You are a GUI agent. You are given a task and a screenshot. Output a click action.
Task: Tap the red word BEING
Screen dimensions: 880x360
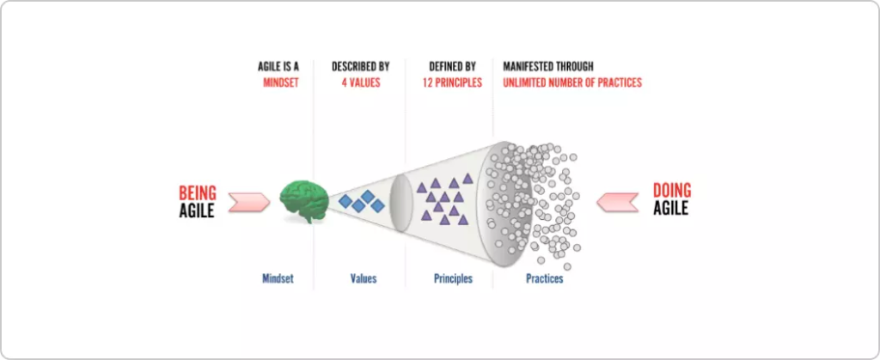(198, 193)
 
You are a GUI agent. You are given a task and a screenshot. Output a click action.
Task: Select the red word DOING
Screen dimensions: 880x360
(672, 190)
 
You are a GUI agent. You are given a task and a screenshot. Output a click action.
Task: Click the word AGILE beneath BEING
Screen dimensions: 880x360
(197, 211)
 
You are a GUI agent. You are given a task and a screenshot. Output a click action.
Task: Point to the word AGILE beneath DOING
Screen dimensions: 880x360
(670, 208)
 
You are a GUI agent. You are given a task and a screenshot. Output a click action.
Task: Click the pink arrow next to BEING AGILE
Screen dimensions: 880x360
(249, 202)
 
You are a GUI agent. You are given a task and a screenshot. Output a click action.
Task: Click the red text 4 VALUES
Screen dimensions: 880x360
(361, 83)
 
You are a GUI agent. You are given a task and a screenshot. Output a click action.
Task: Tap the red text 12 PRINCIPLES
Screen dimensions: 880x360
(452, 83)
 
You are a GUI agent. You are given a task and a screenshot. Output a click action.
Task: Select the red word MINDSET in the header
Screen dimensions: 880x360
(281, 83)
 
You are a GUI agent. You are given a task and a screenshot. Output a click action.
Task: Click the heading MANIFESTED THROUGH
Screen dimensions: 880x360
(547, 67)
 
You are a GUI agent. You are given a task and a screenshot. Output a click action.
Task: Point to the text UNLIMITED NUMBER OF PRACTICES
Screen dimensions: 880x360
(571, 83)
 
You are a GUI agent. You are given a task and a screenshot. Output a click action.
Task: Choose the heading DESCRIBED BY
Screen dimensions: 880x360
(360, 67)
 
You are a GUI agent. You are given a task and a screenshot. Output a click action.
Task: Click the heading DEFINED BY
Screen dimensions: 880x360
(452, 67)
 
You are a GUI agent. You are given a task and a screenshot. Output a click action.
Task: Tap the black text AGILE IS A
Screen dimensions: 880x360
(278, 67)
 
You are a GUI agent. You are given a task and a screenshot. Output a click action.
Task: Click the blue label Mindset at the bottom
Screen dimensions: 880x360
(278, 278)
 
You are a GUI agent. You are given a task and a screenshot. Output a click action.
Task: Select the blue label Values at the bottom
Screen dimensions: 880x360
(364, 278)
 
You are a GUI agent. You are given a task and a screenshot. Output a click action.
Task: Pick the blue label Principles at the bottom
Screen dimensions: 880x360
(453, 278)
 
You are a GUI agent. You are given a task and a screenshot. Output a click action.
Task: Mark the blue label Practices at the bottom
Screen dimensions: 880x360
(544, 278)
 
